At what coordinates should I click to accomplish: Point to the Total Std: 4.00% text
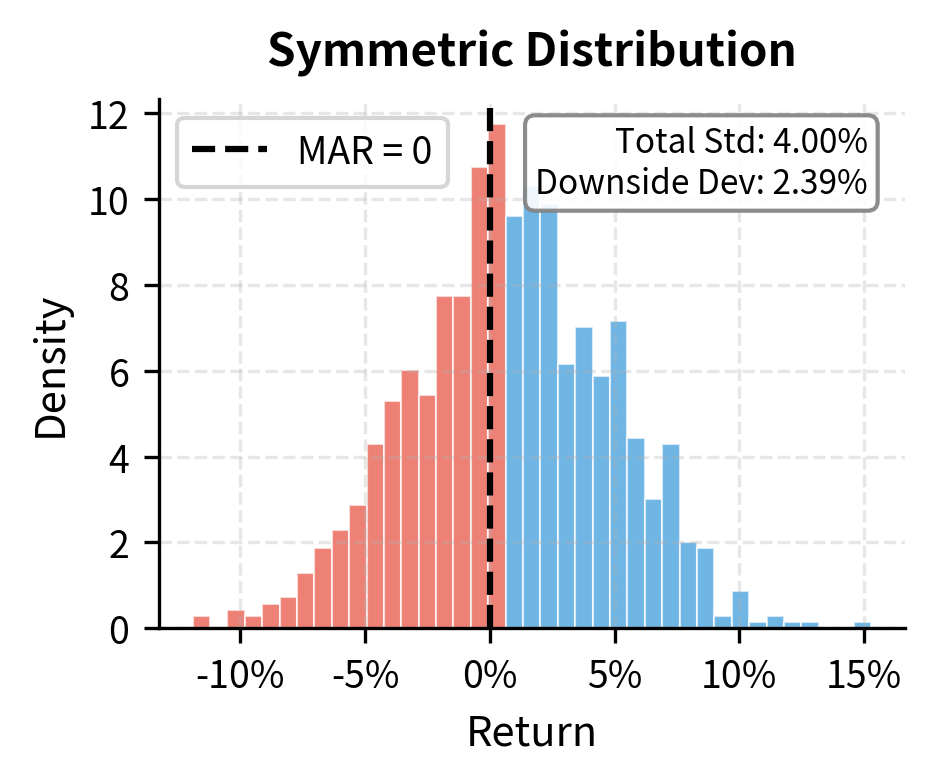740,142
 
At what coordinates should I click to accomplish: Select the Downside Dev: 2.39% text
701,182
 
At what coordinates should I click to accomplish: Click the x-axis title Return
531,733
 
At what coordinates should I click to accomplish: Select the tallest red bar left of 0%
479,400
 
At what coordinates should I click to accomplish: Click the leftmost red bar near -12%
202,622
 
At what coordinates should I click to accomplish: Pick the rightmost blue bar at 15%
862,625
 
